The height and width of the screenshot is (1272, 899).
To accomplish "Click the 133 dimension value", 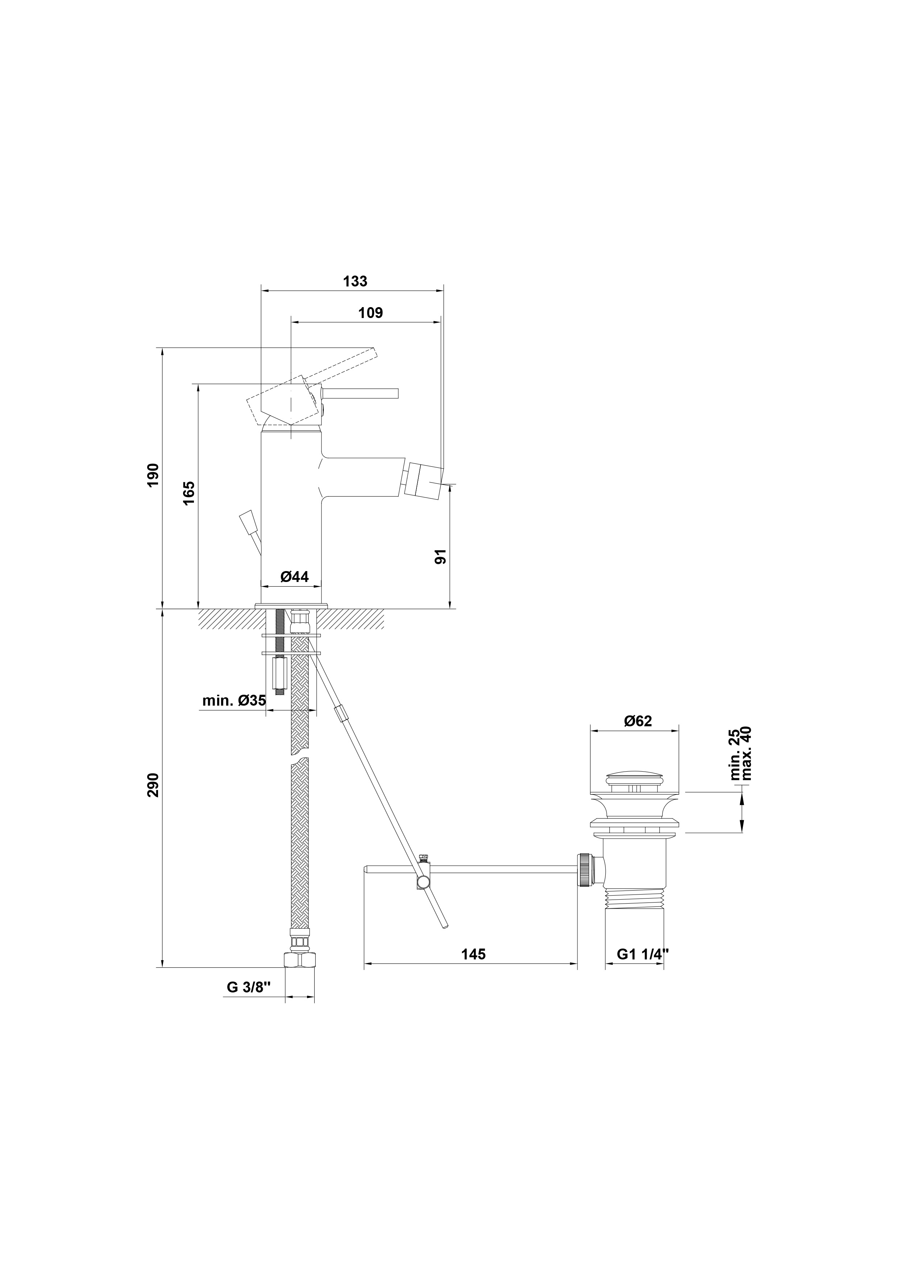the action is tap(355, 281).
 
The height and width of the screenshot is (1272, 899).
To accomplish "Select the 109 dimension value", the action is tap(370, 313).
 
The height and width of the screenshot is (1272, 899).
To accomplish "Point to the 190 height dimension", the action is tap(153, 475).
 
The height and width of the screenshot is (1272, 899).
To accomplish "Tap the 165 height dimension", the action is tap(188, 492).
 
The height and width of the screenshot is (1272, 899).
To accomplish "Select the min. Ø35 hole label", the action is tap(234, 700).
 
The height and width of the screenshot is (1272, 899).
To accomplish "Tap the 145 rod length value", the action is tap(473, 954).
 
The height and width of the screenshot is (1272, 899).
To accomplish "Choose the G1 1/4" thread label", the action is tap(643, 954).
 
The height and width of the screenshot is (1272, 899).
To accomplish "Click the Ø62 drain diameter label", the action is tap(638, 721).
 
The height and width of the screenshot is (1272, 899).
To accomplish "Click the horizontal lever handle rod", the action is tap(361, 393).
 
